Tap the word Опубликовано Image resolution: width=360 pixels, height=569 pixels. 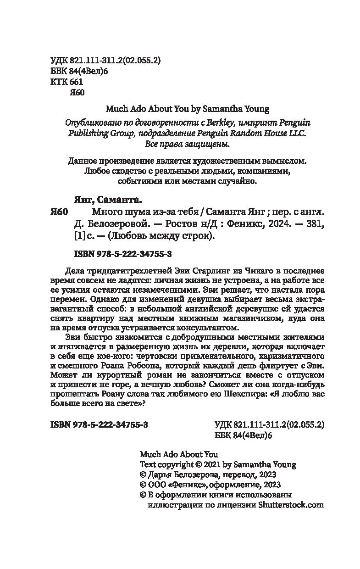84,123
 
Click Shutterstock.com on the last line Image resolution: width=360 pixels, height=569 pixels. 291,505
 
